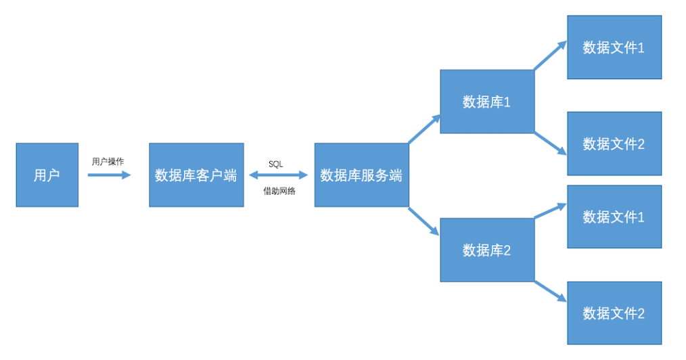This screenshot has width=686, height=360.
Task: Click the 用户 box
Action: tap(47, 175)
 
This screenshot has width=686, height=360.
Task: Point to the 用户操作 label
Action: tap(108, 162)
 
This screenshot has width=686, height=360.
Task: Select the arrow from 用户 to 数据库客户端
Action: tap(109, 175)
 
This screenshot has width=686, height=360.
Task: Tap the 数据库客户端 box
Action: tap(196, 175)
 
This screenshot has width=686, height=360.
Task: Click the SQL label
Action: tap(276, 164)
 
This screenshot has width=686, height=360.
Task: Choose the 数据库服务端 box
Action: tap(361, 175)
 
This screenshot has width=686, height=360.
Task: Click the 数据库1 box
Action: tap(487, 102)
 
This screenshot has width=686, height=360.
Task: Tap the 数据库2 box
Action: tap(487, 250)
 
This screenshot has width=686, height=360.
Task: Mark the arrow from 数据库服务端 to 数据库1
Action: tap(424, 129)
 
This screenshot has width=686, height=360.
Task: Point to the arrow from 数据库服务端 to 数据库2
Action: tap(424, 221)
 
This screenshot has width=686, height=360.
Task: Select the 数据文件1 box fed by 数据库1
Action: tap(614, 47)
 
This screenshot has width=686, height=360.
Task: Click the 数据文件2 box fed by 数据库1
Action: tap(614, 143)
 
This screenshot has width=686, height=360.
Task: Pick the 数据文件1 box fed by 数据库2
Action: tap(614, 217)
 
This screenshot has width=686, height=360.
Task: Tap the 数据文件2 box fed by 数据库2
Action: tap(614, 313)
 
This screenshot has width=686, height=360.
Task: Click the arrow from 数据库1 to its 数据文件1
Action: tap(550, 56)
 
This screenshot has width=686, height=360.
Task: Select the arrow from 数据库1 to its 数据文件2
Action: tap(550, 143)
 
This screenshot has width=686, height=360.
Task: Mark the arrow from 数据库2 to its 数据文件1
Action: tap(550, 211)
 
